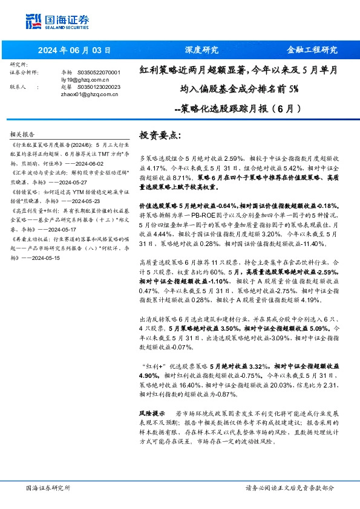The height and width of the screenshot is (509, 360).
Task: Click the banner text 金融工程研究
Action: pyautogui.click(x=312, y=50)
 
